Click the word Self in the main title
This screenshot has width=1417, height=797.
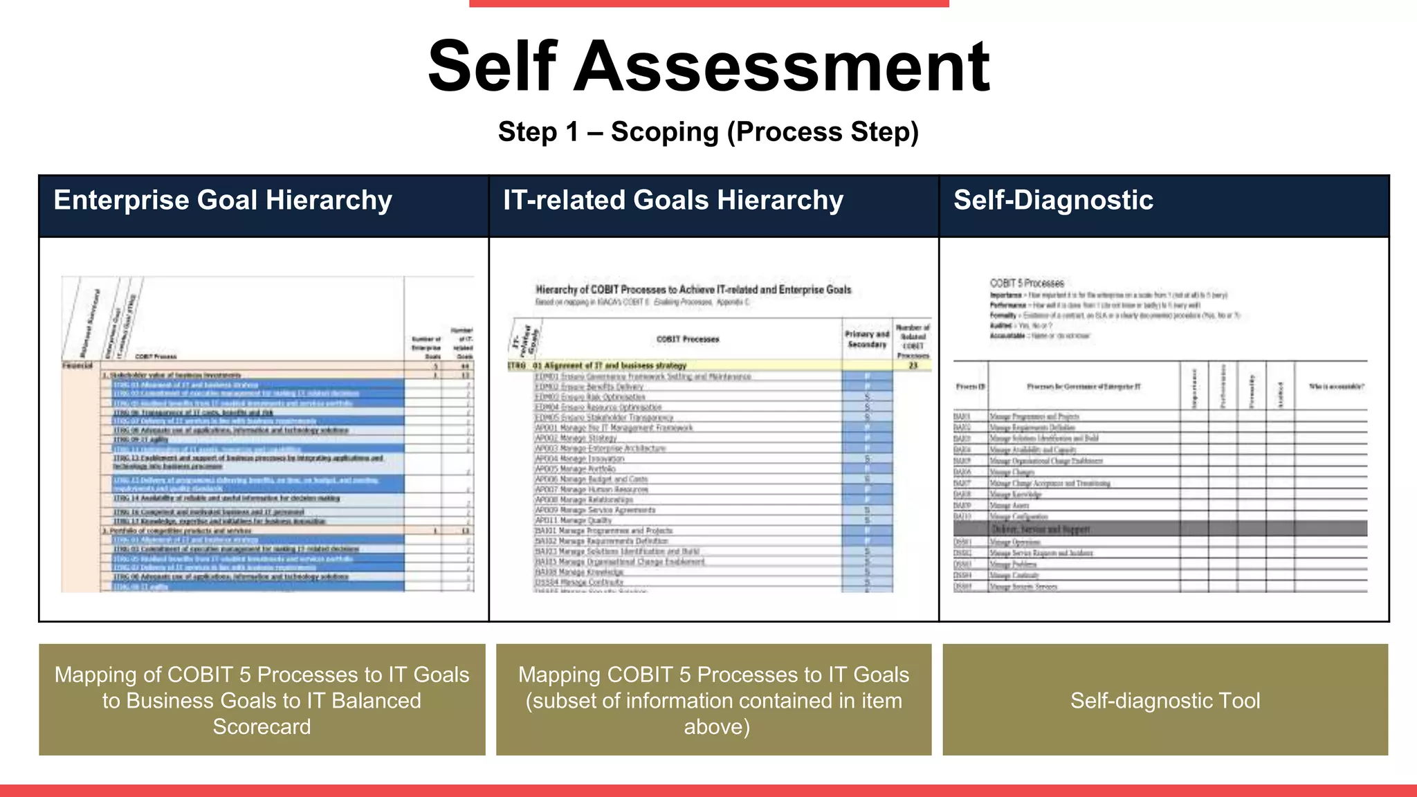coord(492,66)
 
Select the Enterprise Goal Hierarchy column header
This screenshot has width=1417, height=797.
coord(223,200)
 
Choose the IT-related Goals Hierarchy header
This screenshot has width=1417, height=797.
coord(673,200)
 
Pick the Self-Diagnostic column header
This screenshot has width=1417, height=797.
coord(1053,200)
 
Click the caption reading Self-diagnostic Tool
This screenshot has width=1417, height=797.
coord(1165,700)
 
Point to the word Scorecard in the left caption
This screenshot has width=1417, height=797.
coord(262,726)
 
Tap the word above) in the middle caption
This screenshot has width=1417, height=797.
coord(717,726)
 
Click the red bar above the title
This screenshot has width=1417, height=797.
coord(708,3)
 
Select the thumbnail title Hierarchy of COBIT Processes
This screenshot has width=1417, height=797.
coord(693,289)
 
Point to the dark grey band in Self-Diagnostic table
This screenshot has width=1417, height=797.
coord(1160,529)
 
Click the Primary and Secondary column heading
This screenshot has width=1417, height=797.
coord(867,339)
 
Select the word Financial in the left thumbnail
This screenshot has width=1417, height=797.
coord(77,365)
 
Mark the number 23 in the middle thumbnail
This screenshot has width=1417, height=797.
coord(913,365)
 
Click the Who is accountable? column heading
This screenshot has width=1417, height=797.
coord(1337,387)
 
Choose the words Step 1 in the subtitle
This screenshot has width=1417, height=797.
coord(538,131)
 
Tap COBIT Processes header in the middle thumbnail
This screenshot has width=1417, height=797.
coord(688,339)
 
